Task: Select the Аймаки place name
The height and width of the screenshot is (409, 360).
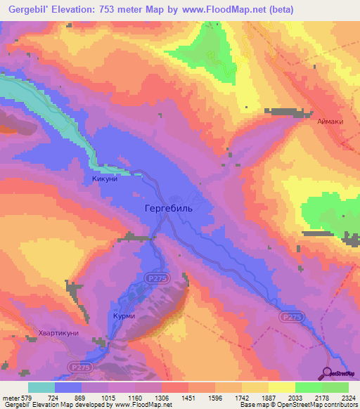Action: tap(330, 122)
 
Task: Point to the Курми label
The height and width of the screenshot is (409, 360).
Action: tap(124, 317)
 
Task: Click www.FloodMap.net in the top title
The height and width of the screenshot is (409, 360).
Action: tap(217, 10)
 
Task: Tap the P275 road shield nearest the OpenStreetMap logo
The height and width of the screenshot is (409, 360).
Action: tap(290, 318)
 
